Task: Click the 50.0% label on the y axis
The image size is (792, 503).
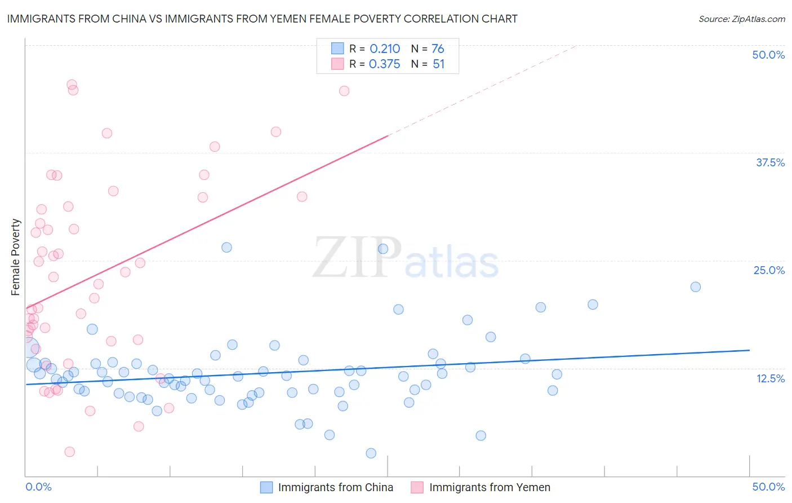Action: (x=768, y=55)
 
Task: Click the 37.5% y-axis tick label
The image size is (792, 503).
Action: (x=770, y=162)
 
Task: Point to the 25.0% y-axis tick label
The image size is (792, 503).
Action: (x=769, y=270)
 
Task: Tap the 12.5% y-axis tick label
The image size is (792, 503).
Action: (x=770, y=378)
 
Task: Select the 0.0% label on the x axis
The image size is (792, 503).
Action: (x=38, y=487)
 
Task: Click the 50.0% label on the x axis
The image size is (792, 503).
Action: (x=768, y=487)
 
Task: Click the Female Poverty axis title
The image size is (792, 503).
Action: (x=16, y=257)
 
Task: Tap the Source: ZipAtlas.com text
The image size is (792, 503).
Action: (x=741, y=19)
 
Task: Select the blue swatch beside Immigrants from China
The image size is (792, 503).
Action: (x=266, y=487)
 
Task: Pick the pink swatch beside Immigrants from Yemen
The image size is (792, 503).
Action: (x=417, y=487)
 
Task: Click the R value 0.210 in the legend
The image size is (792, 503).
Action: (x=385, y=49)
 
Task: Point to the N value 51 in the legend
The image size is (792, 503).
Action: (x=438, y=64)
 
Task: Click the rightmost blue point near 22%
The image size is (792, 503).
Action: (x=696, y=287)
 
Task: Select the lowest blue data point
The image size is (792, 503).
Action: (x=371, y=453)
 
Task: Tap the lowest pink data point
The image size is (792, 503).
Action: (x=70, y=452)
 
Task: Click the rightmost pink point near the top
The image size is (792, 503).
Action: (x=344, y=91)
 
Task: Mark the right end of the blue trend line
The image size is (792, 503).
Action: (x=749, y=350)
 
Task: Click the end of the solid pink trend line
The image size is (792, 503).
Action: (x=388, y=135)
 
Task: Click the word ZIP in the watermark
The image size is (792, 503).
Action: (x=357, y=258)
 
